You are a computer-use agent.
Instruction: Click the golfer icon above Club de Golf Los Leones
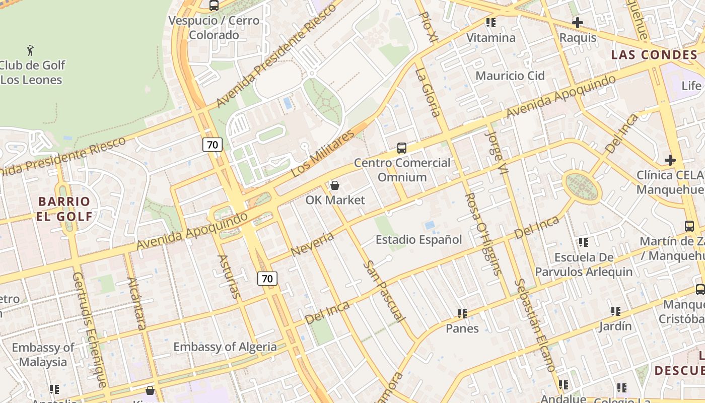pyautogui.click(x=30, y=50)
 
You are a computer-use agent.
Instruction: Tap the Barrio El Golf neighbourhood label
pyautogui.click(x=64, y=209)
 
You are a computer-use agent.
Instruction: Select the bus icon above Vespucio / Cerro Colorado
pyautogui.click(x=214, y=6)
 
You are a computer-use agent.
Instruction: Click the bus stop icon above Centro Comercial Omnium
pyautogui.click(x=401, y=148)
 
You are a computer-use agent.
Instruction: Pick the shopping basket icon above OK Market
pyautogui.click(x=335, y=185)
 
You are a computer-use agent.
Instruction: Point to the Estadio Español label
pyautogui.click(x=418, y=240)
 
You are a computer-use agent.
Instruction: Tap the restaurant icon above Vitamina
pyautogui.click(x=490, y=23)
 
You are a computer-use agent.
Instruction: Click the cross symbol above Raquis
pyautogui.click(x=578, y=23)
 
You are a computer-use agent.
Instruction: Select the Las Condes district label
pyautogui.click(x=654, y=55)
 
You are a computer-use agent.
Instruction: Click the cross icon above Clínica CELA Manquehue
pyautogui.click(x=670, y=160)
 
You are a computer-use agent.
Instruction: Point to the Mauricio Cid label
pyautogui.click(x=510, y=76)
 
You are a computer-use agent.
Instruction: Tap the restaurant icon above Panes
pyautogui.click(x=462, y=314)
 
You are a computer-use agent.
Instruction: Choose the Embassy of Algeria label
pyautogui.click(x=225, y=347)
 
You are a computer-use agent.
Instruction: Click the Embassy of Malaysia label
pyautogui.click(x=43, y=355)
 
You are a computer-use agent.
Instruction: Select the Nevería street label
pyautogui.click(x=313, y=244)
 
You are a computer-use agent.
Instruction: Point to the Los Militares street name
pyautogui.click(x=323, y=153)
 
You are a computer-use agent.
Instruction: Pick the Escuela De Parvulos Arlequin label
pyautogui.click(x=584, y=264)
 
